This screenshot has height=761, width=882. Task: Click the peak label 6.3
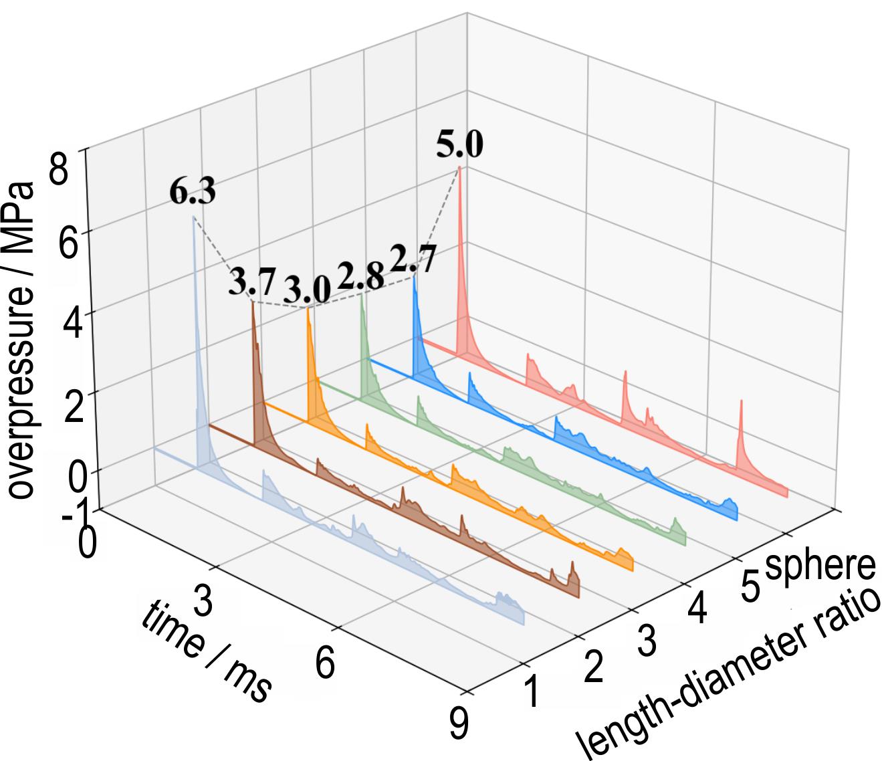pyautogui.click(x=192, y=192)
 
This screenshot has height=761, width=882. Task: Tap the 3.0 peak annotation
pyautogui.click(x=306, y=289)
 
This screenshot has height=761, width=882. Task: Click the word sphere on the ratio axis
pyautogui.click(x=820, y=566)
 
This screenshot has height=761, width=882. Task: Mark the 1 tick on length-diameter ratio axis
pyautogui.click(x=532, y=693)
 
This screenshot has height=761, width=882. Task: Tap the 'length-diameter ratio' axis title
pyautogui.click(x=729, y=675)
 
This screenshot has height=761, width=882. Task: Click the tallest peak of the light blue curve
pyautogui.click(x=194, y=217)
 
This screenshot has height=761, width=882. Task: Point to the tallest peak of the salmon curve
pyautogui.click(x=459, y=167)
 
